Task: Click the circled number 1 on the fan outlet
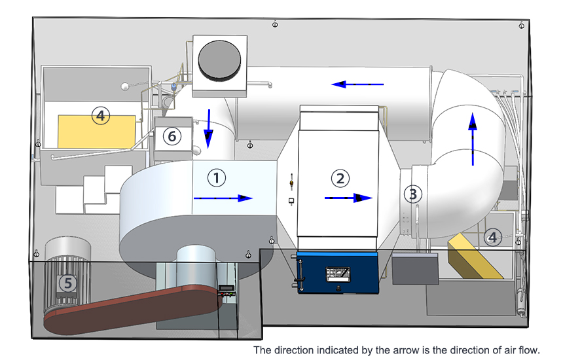[217, 176]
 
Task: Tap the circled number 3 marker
[412, 193]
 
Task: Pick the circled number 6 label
[172, 136]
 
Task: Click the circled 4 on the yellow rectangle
[100, 117]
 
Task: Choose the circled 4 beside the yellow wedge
[493, 237]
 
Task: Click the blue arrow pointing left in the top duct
[357, 84]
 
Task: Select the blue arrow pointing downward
[208, 129]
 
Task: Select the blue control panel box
[338, 272]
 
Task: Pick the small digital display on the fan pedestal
[227, 289]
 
